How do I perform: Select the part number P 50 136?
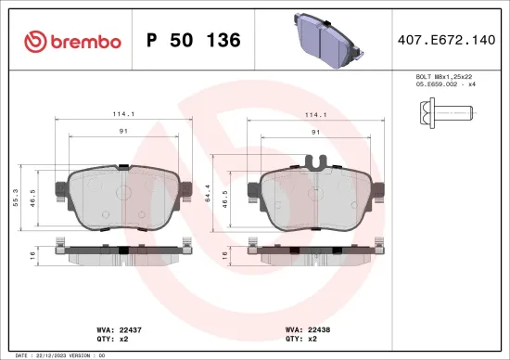pyautogui.click(x=194, y=41)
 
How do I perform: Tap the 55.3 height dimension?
pyautogui.click(x=16, y=199)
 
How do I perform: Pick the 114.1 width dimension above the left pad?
pyautogui.click(x=124, y=115)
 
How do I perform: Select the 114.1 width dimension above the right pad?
pyautogui.click(x=316, y=115)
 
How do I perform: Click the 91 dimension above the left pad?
pyautogui.click(x=124, y=133)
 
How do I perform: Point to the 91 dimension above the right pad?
pyautogui.click(x=316, y=133)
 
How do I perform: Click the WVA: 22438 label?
pyautogui.click(x=307, y=328)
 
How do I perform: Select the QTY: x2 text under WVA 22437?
pyautogui.click(x=111, y=339)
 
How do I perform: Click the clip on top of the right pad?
pyautogui.click(x=317, y=164)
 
